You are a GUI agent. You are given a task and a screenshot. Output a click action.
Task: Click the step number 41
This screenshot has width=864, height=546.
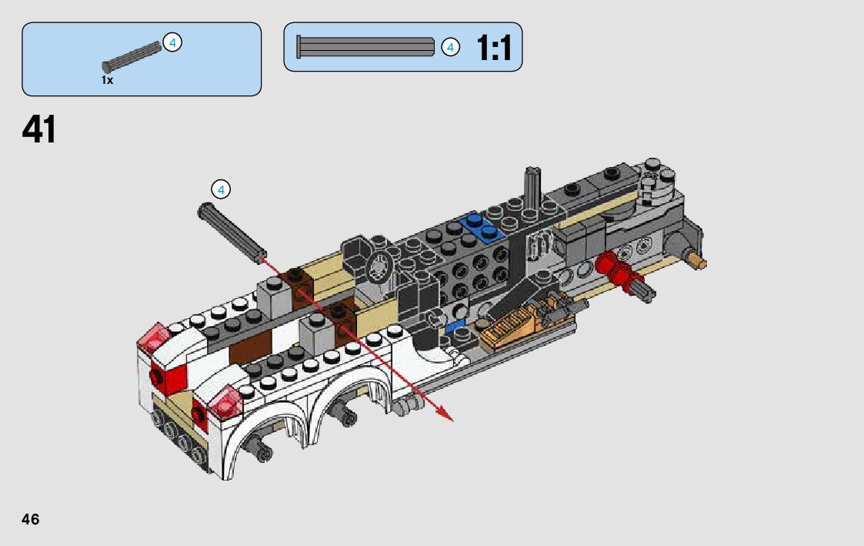click(39, 129)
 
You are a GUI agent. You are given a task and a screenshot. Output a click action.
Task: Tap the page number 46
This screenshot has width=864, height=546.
click(30, 519)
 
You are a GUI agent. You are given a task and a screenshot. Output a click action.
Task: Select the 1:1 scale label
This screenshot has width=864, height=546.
click(494, 48)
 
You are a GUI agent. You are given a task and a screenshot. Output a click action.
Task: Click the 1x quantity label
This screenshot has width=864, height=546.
click(107, 81)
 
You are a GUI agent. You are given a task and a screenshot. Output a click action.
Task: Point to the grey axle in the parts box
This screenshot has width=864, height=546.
click(132, 57)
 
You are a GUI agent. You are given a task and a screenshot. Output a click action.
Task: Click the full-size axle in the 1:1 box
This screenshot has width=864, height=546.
click(365, 47)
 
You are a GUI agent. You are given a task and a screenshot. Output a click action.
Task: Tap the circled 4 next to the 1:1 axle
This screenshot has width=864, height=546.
click(450, 48)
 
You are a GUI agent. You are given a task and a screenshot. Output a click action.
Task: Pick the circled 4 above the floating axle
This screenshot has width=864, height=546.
click(221, 189)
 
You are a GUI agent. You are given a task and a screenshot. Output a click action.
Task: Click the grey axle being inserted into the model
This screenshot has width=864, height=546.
click(232, 233)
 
